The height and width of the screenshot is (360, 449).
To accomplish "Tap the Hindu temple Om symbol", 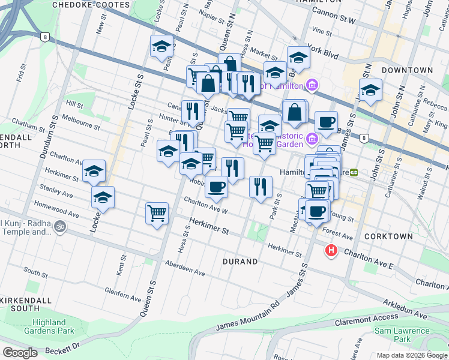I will pyautogui.click(x=58, y=227).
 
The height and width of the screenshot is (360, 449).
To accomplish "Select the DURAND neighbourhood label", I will pyautogui.click(x=240, y=262).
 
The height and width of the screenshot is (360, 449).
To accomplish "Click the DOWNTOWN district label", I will pyautogui.click(x=407, y=70).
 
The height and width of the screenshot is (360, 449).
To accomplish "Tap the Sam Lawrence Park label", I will pyautogui.click(x=402, y=335).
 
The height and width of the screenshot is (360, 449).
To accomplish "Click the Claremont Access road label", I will pyautogui.click(x=367, y=318).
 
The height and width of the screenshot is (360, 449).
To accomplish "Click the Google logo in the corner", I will pyautogui.click(x=20, y=353).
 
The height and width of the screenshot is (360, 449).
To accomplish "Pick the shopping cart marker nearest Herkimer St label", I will pyautogui.click(x=157, y=213).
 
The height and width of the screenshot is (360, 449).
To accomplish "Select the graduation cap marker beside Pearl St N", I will pyautogui.click(x=161, y=46).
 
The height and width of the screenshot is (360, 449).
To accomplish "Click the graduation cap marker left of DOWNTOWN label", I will pyautogui.click(x=371, y=91).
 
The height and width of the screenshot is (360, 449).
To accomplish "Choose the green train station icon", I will pyautogui.click(x=354, y=172).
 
